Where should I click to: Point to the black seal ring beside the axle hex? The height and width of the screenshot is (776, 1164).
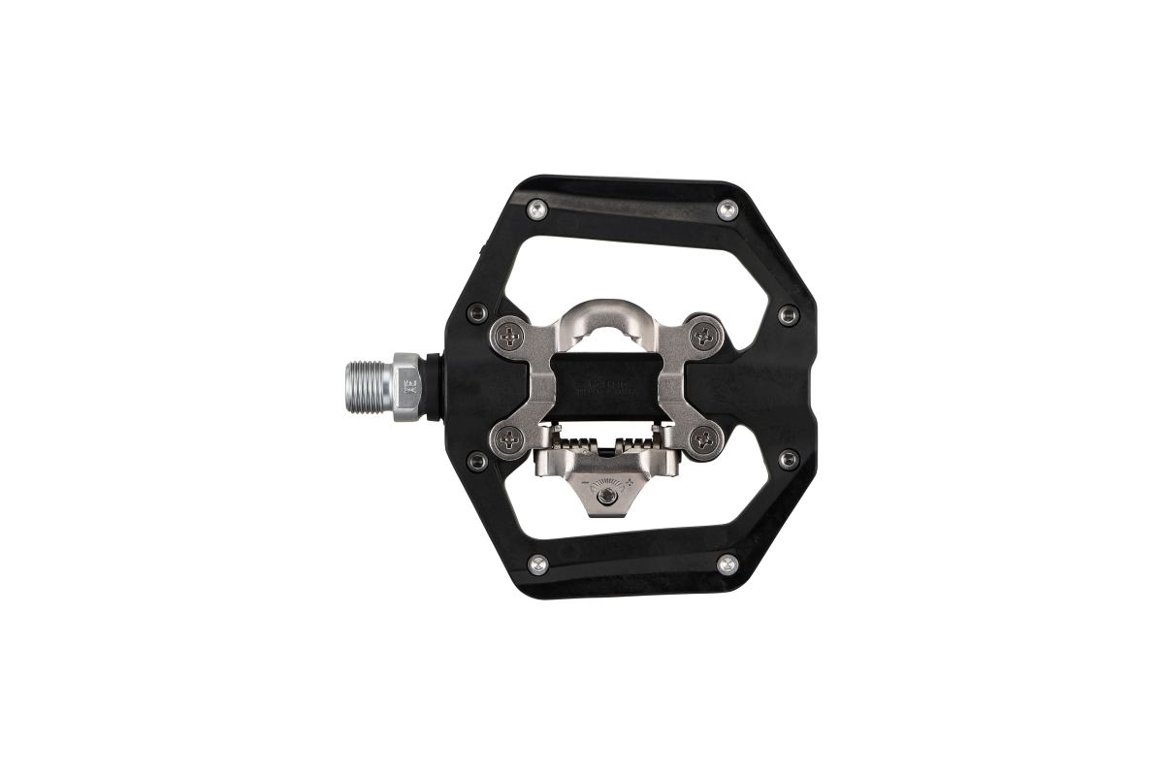pyautogui.click(x=431, y=384)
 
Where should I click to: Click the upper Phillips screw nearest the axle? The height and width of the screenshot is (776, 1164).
pyautogui.click(x=510, y=336)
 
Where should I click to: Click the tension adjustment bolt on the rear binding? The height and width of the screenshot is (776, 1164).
pyautogui.click(x=604, y=497)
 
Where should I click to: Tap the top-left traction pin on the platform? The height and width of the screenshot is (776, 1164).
pyautogui.click(x=536, y=209)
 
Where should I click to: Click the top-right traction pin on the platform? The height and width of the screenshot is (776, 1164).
pyautogui.click(x=727, y=209)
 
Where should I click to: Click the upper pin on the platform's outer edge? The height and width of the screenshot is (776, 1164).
pyautogui.click(x=788, y=314)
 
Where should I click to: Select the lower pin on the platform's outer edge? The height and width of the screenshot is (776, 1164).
pyautogui.click(x=787, y=456)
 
